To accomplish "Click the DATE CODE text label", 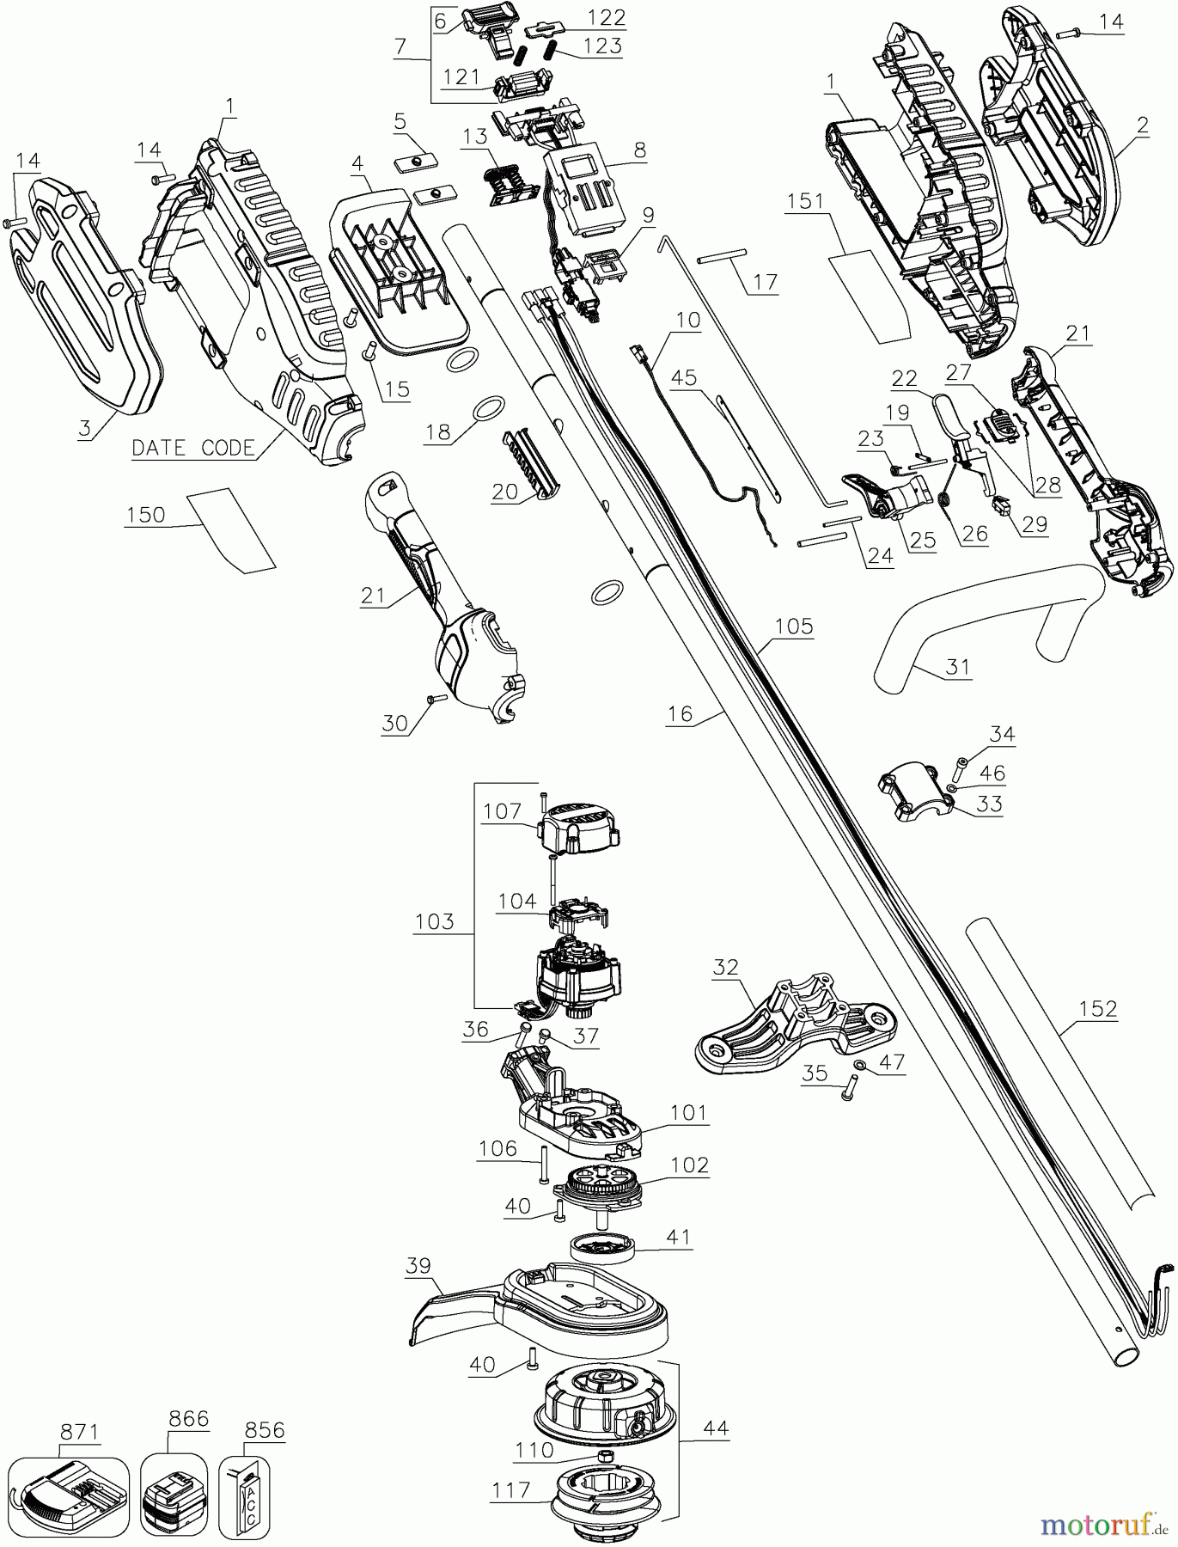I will (x=193, y=447).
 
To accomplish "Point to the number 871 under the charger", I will (x=79, y=1431).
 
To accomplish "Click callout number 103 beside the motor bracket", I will (x=434, y=922).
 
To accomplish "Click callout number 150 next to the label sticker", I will (x=145, y=514).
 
